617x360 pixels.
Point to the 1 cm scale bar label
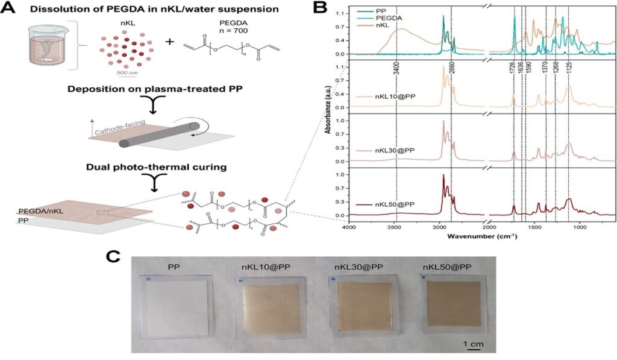tap(472, 344)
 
